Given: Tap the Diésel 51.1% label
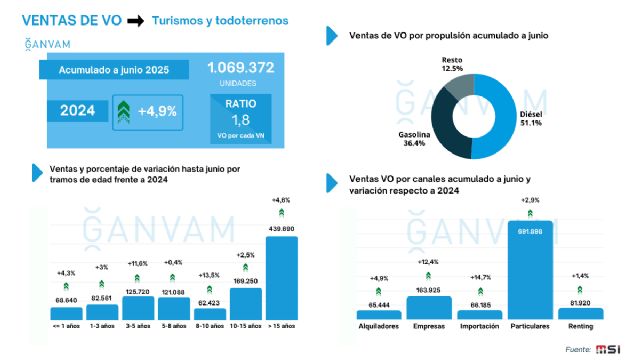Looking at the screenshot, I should tap(530, 119).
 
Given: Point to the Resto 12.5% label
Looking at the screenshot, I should tap(452, 64).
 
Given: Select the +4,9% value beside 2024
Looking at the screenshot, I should tap(161, 109).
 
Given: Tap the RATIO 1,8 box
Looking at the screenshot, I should tap(240, 114).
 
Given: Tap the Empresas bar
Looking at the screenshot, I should tap(428, 307).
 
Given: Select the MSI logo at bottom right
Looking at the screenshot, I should tap(608, 348).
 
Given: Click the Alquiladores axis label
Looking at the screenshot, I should tap(379, 326).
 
